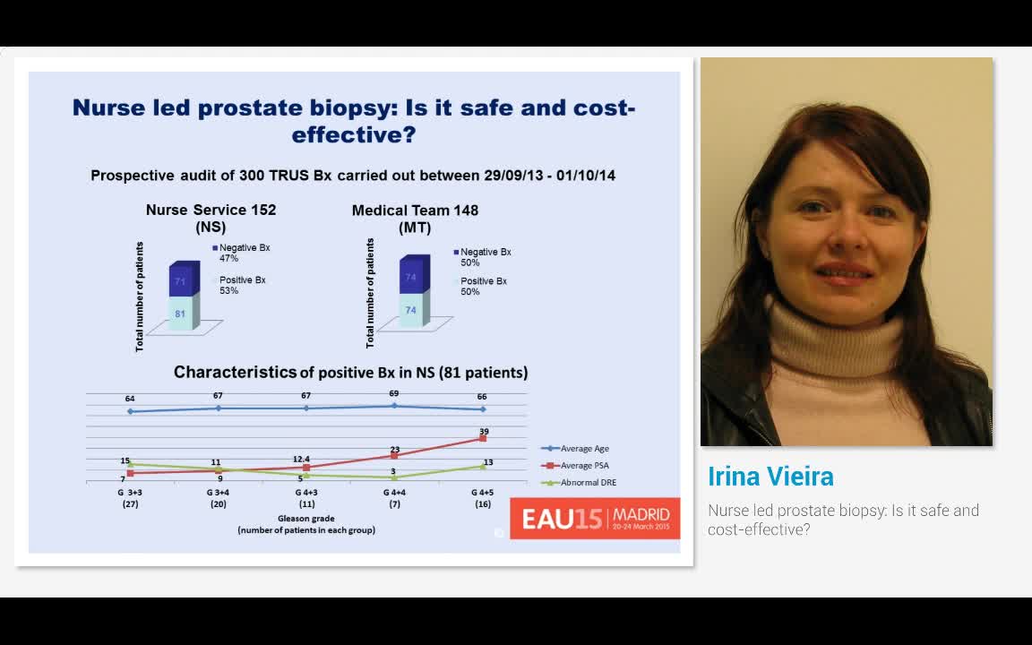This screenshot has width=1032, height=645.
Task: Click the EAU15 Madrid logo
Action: click(x=595, y=519)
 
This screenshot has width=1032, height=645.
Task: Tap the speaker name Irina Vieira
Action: click(x=770, y=476)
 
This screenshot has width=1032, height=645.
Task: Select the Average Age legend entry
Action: click(x=584, y=448)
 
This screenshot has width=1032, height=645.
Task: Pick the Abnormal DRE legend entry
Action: click(x=588, y=482)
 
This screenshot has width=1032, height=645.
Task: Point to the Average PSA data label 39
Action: click(x=484, y=432)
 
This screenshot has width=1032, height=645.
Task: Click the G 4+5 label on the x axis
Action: click(x=482, y=493)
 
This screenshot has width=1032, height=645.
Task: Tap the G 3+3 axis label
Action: click(x=130, y=493)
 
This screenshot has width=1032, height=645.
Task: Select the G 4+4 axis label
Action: click(x=394, y=493)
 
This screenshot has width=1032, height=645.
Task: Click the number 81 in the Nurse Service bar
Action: click(x=180, y=314)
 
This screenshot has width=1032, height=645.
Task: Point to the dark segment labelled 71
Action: click(x=180, y=281)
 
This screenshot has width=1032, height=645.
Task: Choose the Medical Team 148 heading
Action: click(x=415, y=211)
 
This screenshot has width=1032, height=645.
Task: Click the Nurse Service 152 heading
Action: click(x=211, y=210)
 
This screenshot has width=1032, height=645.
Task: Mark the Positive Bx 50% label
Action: click(x=483, y=286)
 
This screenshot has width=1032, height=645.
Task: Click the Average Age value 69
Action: click(x=393, y=394)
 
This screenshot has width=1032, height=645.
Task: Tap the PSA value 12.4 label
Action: click(x=301, y=460)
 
